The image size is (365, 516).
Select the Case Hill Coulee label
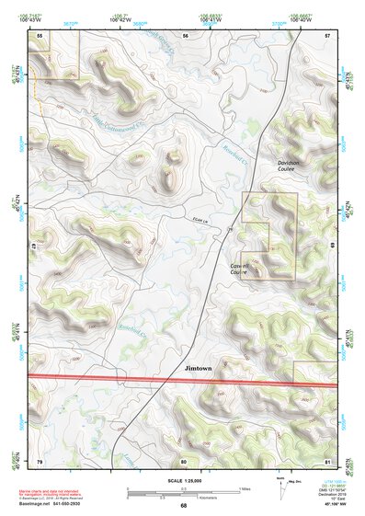pyautogui.click(x=244, y=269)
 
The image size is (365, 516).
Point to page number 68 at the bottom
pyautogui.click(x=183, y=506)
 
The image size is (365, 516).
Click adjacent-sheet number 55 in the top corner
pyautogui.click(x=40, y=35)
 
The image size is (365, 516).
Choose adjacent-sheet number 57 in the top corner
pyautogui.click(x=327, y=35)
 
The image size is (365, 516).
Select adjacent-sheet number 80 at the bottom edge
pyautogui.click(x=183, y=460)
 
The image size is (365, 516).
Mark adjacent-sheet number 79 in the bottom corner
pyautogui.click(x=40, y=460)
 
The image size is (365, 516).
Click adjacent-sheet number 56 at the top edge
pyautogui.click(x=184, y=35)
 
